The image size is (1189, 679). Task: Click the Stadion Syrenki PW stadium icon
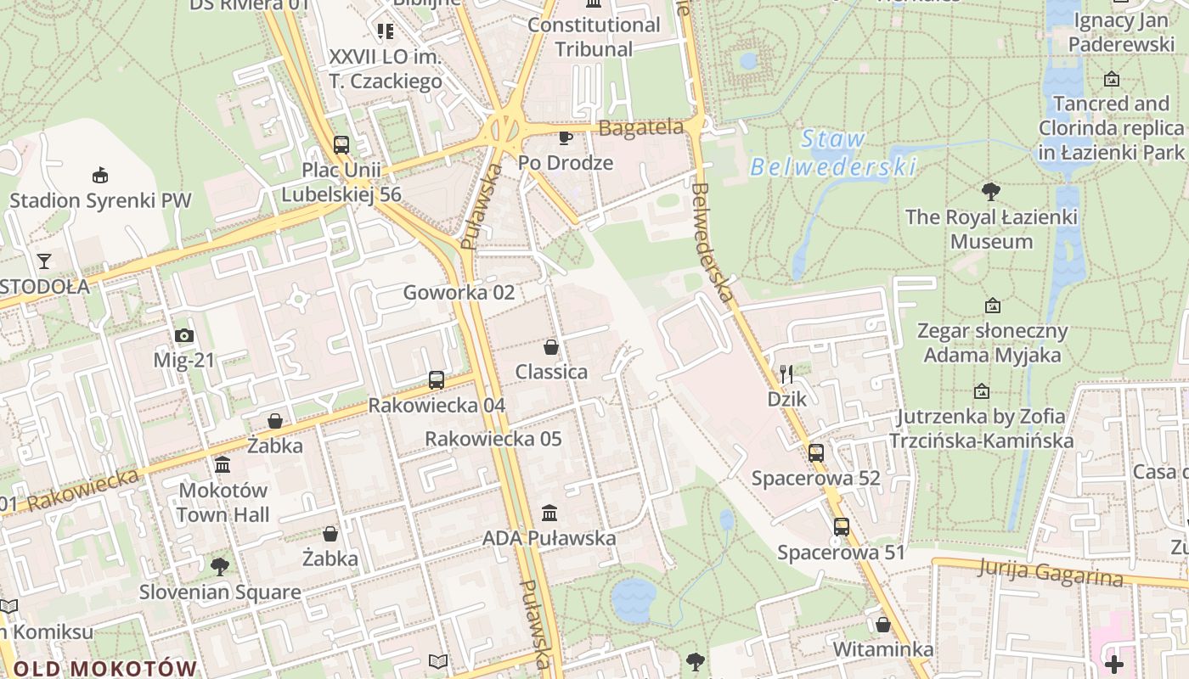[x=100, y=175]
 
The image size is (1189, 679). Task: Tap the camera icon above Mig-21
[x=184, y=336]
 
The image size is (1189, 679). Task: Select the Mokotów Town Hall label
[x=223, y=502]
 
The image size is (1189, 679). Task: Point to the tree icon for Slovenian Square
[x=220, y=566]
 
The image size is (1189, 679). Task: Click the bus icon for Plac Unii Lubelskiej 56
[x=341, y=145]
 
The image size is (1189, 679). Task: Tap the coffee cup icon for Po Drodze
[x=566, y=137]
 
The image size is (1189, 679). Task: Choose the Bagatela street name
[x=641, y=128]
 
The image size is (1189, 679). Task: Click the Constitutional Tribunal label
[x=594, y=36]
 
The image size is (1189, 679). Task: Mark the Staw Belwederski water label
[x=833, y=153]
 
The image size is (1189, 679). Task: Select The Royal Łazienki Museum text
[x=991, y=229]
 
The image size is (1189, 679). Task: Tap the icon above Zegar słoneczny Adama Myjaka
[x=992, y=306]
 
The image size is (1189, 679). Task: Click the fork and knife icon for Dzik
[x=786, y=373]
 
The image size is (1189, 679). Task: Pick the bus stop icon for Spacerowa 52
[x=816, y=453]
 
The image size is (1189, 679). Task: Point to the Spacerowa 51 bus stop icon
[x=842, y=527]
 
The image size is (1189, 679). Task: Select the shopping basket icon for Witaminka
[x=883, y=626]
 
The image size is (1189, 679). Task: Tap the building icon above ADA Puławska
[x=549, y=513]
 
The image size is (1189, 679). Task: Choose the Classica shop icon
[x=551, y=347]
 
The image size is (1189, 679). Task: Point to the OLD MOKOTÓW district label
[x=105, y=668]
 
